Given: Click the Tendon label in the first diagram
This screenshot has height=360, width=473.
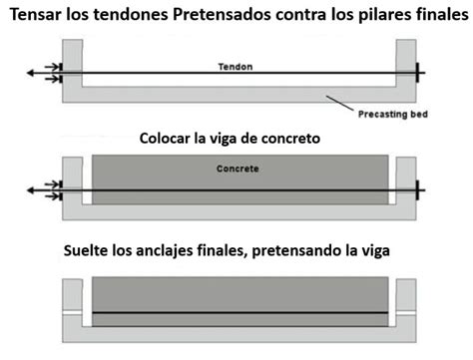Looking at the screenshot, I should (x=236, y=67).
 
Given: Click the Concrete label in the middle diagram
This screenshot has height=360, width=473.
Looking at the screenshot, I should (x=236, y=170).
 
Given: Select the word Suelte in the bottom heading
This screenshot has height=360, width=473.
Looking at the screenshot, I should (x=87, y=252).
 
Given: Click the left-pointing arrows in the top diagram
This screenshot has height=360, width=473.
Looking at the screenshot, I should (x=40, y=74).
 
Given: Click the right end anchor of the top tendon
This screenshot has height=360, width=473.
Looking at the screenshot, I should (x=417, y=74).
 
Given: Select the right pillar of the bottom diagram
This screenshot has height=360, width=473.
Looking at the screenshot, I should (x=405, y=298).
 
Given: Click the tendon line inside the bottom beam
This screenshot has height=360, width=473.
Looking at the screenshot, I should (x=239, y=312).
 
